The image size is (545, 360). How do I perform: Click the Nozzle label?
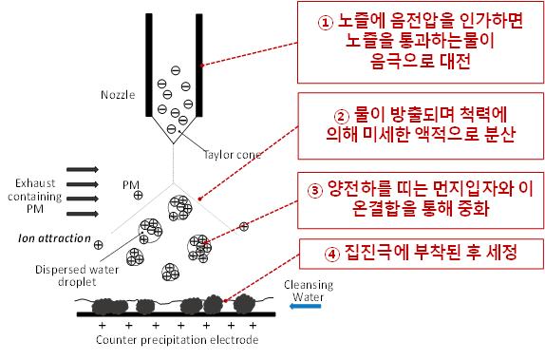[118, 95]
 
